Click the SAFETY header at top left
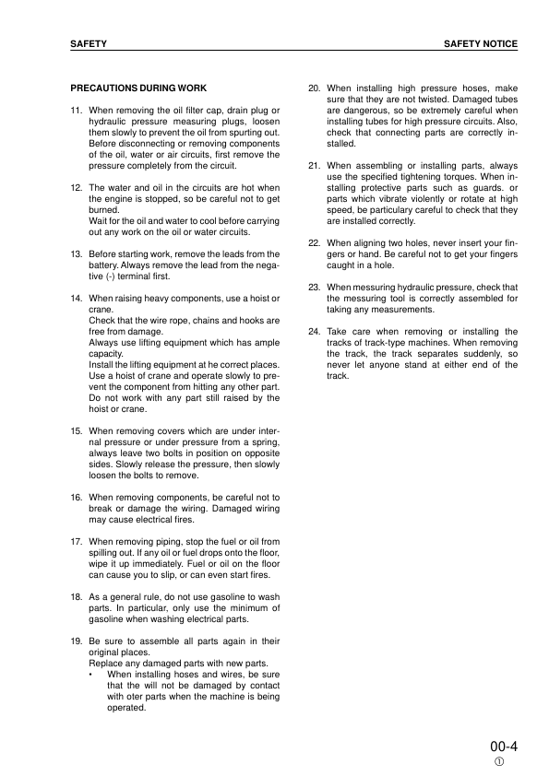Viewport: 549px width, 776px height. [x=89, y=43]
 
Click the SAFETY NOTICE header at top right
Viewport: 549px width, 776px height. [x=480, y=43]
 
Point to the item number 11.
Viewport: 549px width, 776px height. [x=77, y=111]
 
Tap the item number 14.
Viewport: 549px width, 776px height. [x=77, y=299]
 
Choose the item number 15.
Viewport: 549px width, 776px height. [x=77, y=431]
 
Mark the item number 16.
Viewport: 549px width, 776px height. [x=77, y=498]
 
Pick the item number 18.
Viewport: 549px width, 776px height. [x=77, y=597]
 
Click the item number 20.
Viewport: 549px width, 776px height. [x=314, y=88]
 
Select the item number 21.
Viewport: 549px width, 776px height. [x=314, y=166]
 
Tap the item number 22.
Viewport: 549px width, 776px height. [x=314, y=243]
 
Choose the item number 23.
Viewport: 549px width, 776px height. [x=314, y=288]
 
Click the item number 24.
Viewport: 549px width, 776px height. [x=314, y=332]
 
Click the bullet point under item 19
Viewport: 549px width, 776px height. [x=91, y=675]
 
